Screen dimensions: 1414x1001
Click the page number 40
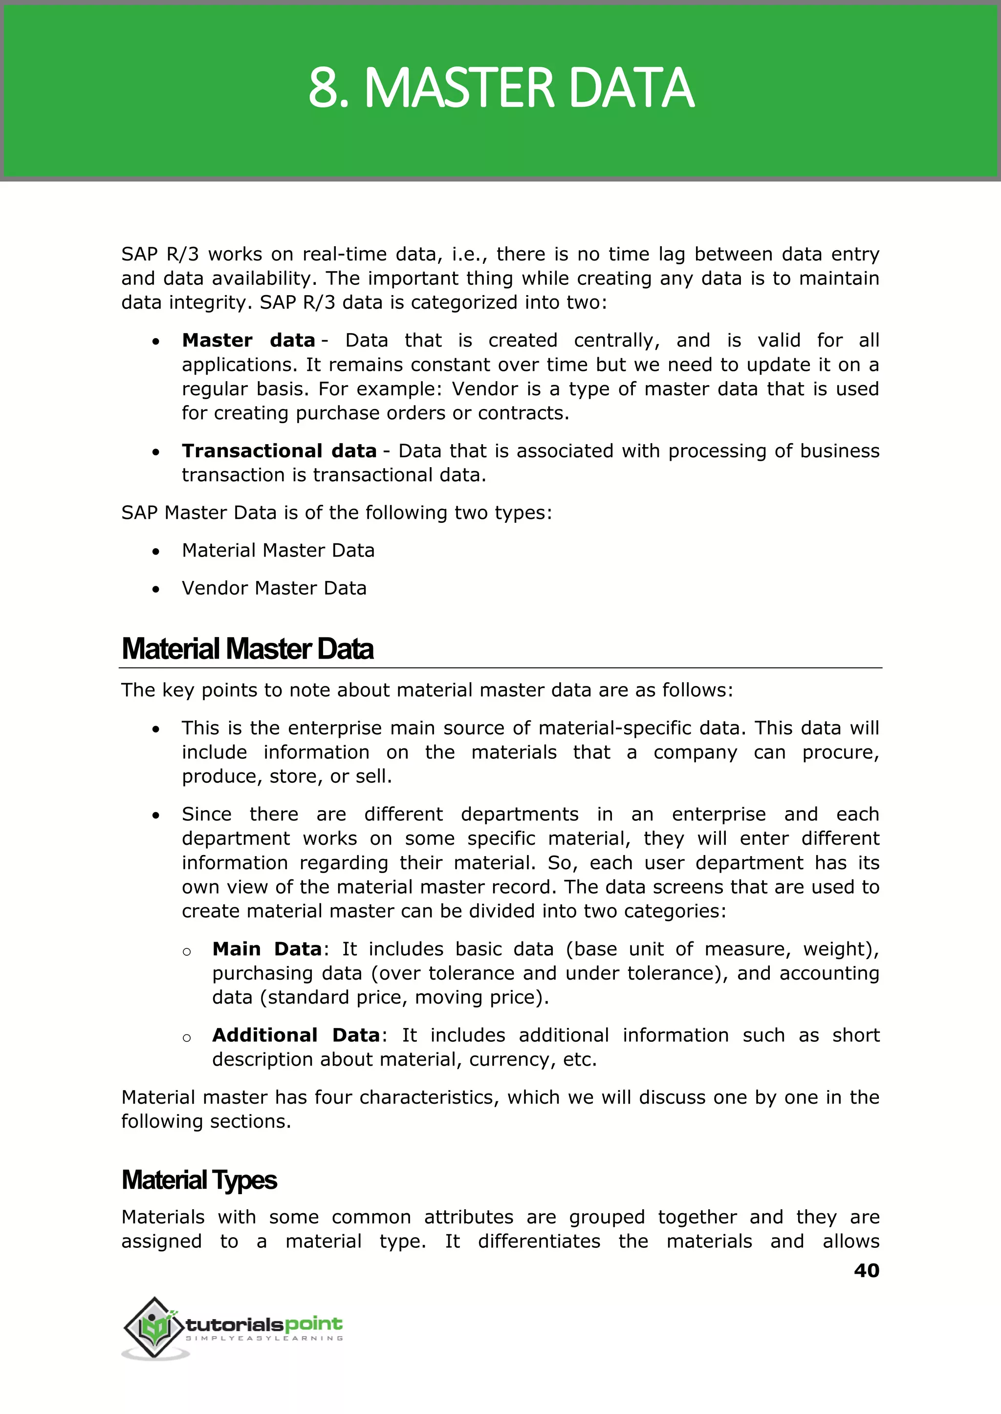[x=866, y=1270]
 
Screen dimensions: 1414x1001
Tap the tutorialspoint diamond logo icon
[x=154, y=1328]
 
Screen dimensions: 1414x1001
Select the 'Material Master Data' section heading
[x=247, y=649]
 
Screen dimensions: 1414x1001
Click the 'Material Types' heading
[x=199, y=1180]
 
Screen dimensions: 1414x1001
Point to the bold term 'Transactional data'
[x=279, y=451]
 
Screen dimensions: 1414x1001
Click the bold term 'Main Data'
[x=267, y=949]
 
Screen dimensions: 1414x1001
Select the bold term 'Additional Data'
[x=296, y=1035]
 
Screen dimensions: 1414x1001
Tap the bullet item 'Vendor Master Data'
[x=274, y=588]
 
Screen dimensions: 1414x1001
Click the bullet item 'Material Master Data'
[x=278, y=550]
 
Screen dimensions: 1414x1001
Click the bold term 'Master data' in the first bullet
[x=248, y=341]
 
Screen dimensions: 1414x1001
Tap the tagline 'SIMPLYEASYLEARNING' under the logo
[x=264, y=1338]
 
